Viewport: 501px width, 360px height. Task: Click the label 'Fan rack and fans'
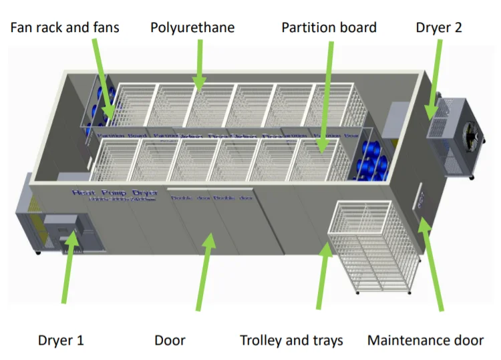tap(65, 28)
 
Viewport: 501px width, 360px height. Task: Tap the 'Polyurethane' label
tap(192, 28)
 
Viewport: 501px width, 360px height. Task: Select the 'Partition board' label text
tap(329, 28)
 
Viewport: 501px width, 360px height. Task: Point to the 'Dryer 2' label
tap(438, 28)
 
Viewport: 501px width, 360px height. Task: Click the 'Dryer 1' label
tap(61, 340)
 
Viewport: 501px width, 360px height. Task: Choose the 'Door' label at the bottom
tap(170, 340)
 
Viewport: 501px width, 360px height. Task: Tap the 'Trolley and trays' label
tap(291, 340)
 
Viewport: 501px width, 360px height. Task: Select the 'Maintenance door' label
tap(426, 340)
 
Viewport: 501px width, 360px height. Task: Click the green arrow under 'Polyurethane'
tap(199, 63)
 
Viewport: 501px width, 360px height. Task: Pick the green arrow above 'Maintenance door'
tap(433, 267)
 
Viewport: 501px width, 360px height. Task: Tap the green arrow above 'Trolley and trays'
tap(324, 274)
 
